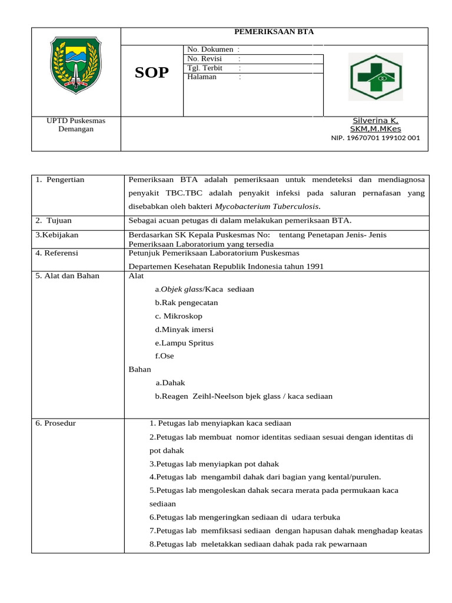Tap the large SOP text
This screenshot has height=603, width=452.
tap(151, 72)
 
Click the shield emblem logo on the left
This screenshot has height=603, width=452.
tap(76, 63)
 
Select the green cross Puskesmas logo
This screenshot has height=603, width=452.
tap(376, 77)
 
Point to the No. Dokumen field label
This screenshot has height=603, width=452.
tap(210, 50)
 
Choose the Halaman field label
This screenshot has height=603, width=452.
tap(202, 77)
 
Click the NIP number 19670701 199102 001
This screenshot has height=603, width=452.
tap(375, 138)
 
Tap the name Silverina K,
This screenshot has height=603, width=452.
tap(375, 120)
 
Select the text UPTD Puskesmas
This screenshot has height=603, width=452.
tap(76, 121)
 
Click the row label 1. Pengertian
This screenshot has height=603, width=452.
tap(60, 180)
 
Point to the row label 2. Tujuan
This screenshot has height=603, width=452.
tap(54, 220)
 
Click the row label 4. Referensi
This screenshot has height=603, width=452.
tap(56, 253)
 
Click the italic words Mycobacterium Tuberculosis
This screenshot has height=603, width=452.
tap(267, 207)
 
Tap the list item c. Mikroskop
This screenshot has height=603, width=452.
tap(178, 316)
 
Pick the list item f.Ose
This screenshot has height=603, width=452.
tap(164, 356)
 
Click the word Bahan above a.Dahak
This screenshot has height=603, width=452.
tap(139, 369)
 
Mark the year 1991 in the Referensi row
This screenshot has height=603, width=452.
tap(314, 266)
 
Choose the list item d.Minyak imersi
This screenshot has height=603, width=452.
tap(184, 329)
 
